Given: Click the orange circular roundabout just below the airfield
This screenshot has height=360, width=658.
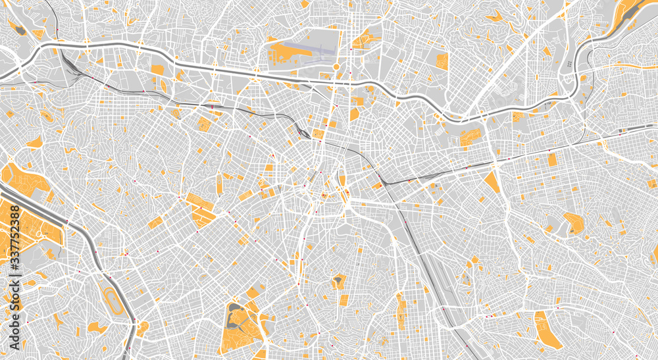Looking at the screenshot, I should coord(336,67).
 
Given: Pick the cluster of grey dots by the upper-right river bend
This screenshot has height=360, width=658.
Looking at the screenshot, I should coord(568,64).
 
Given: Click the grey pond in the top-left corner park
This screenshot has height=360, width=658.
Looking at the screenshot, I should coord(20,30).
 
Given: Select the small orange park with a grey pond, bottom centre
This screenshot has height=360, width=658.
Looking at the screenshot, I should coord(338,281).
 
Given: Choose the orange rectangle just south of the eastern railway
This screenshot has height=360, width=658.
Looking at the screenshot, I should coord(551,159).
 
